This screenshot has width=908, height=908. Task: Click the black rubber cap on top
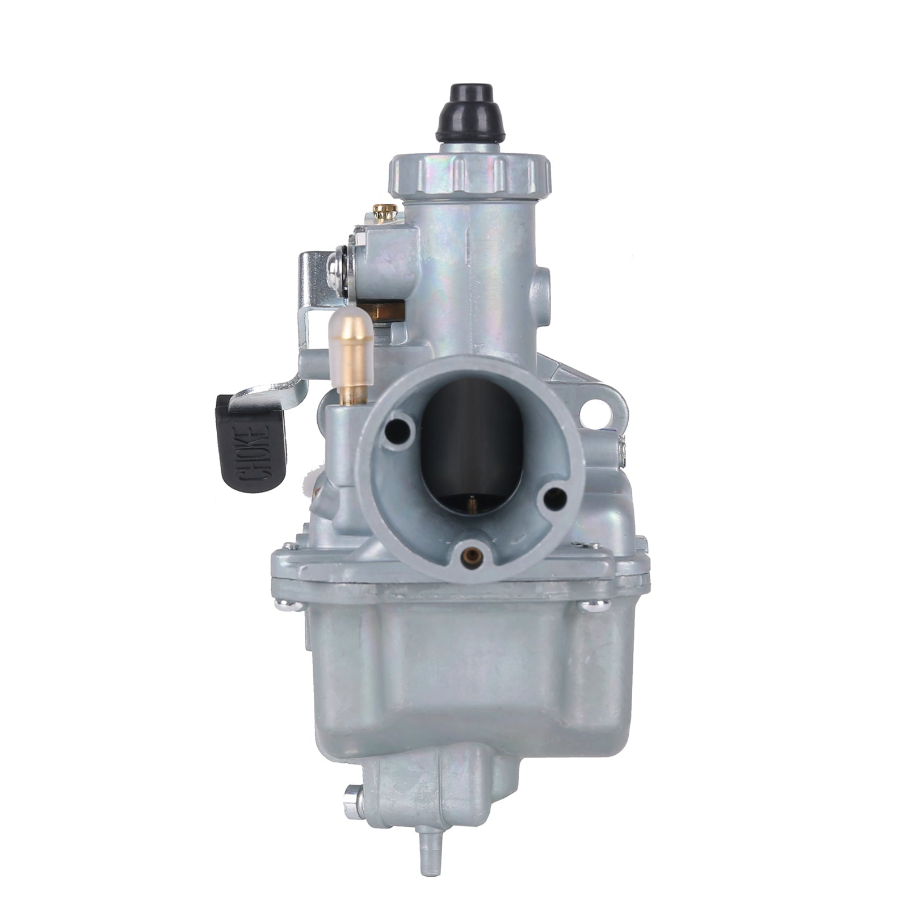tap(470, 113)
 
